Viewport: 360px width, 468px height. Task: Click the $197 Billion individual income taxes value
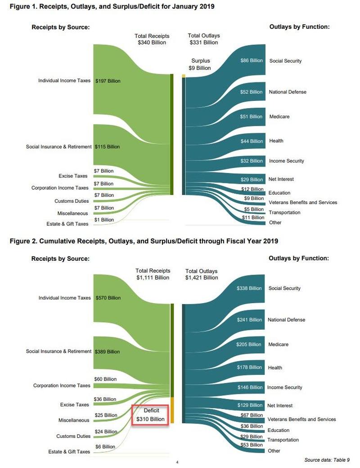[108, 81]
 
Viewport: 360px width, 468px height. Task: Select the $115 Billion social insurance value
[107, 147]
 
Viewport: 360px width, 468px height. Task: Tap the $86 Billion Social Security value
[251, 60]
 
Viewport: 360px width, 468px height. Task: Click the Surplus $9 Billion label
[201, 64]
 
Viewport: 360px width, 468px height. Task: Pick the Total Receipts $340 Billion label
[152, 39]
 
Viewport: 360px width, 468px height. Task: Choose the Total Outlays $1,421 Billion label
[201, 274]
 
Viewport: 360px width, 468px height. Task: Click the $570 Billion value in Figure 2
[108, 298]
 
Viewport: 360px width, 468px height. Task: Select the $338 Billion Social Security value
[249, 288]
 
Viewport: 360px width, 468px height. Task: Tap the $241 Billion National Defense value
[249, 320]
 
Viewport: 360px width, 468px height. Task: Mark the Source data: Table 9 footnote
[326, 459]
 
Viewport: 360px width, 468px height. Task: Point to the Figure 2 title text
[144, 241]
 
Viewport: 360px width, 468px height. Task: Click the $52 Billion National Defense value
[251, 92]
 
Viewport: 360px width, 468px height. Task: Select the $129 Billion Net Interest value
[249, 405]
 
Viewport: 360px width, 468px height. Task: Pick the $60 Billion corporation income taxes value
[105, 379]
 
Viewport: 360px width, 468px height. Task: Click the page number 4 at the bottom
[177, 462]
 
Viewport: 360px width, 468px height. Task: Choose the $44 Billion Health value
[251, 141]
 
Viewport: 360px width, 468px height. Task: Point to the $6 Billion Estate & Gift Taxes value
[105, 447]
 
